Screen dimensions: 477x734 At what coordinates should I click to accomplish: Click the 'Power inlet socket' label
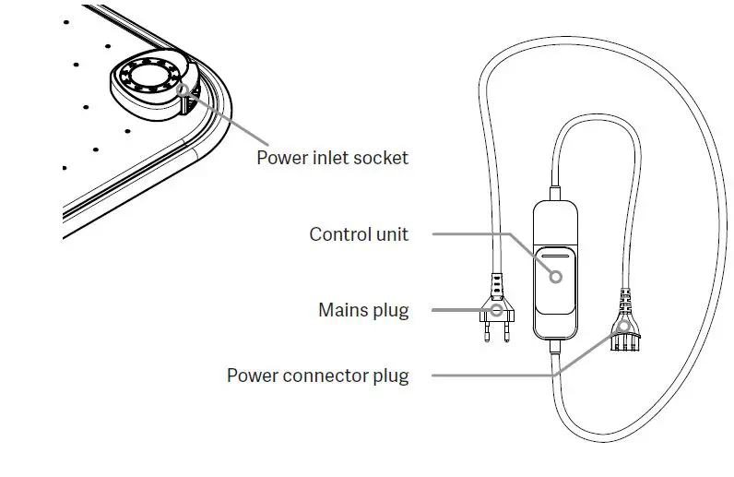click(x=332, y=158)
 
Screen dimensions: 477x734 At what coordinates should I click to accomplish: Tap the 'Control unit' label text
click(x=359, y=234)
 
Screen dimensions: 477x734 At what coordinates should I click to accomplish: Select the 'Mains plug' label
click(x=363, y=310)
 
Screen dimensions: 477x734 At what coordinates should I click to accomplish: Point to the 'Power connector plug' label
click(x=317, y=376)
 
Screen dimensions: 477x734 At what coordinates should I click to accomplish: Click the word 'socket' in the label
click(x=383, y=158)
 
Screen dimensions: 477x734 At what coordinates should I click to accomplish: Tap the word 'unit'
click(x=391, y=234)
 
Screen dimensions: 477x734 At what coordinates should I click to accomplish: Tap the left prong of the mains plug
click(x=485, y=333)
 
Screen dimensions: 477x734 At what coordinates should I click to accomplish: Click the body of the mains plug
click(x=496, y=308)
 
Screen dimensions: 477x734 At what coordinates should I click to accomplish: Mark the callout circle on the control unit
click(x=556, y=275)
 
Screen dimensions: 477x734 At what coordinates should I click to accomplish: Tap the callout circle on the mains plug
click(x=498, y=311)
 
